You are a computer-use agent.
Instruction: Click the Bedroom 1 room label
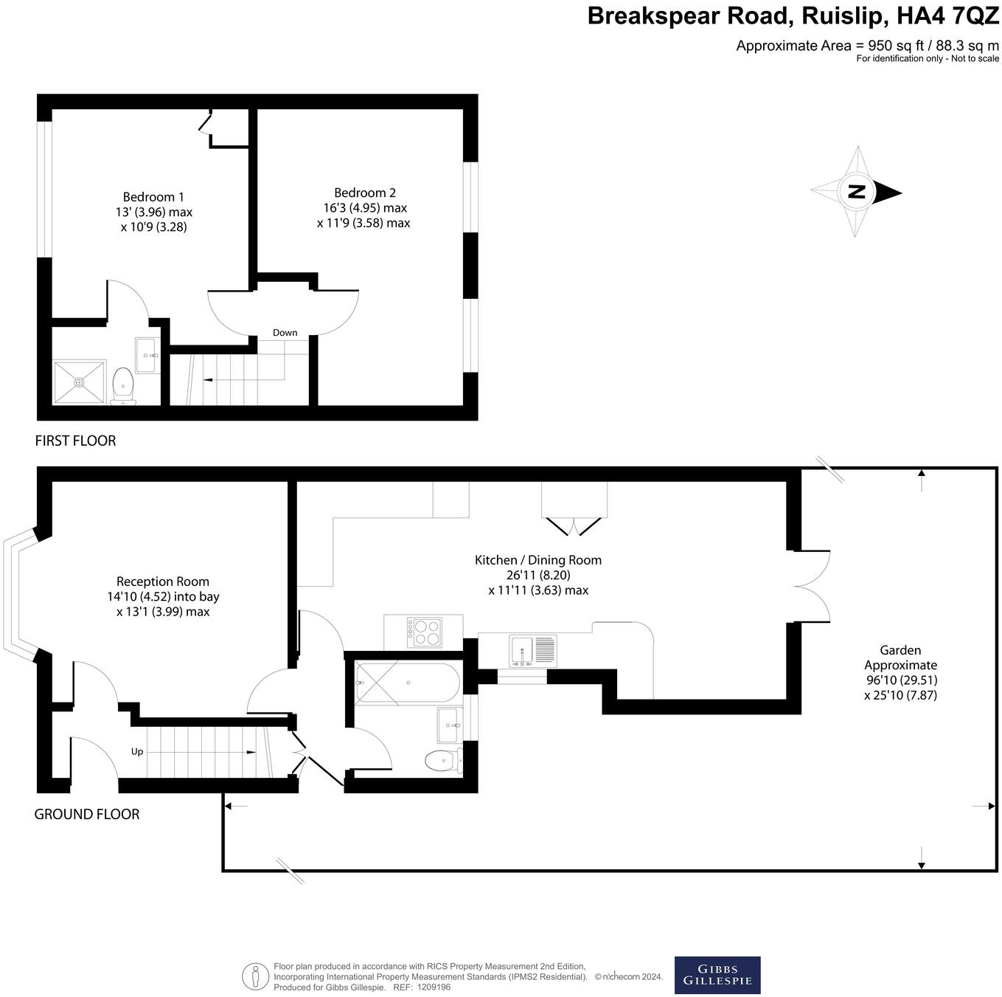tap(153, 197)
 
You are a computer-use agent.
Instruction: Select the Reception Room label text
tap(163, 582)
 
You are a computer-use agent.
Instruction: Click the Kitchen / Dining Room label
tap(538, 560)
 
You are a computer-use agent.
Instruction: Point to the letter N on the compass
tap(856, 192)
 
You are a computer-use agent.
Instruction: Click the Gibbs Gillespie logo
tap(717, 976)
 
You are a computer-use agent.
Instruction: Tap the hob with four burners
tap(424, 632)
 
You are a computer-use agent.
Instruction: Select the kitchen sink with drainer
tap(533, 651)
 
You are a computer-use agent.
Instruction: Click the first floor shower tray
tap(79, 382)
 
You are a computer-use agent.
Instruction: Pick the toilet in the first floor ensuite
tap(123, 386)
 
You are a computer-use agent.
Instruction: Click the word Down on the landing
tap(285, 333)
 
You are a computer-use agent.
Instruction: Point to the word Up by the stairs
tap(137, 752)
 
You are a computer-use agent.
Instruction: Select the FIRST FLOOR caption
tap(75, 441)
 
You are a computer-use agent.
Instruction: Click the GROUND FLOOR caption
tap(87, 814)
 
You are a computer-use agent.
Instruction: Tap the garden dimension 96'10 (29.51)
tap(901, 680)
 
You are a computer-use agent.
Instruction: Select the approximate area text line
tap(867, 46)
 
